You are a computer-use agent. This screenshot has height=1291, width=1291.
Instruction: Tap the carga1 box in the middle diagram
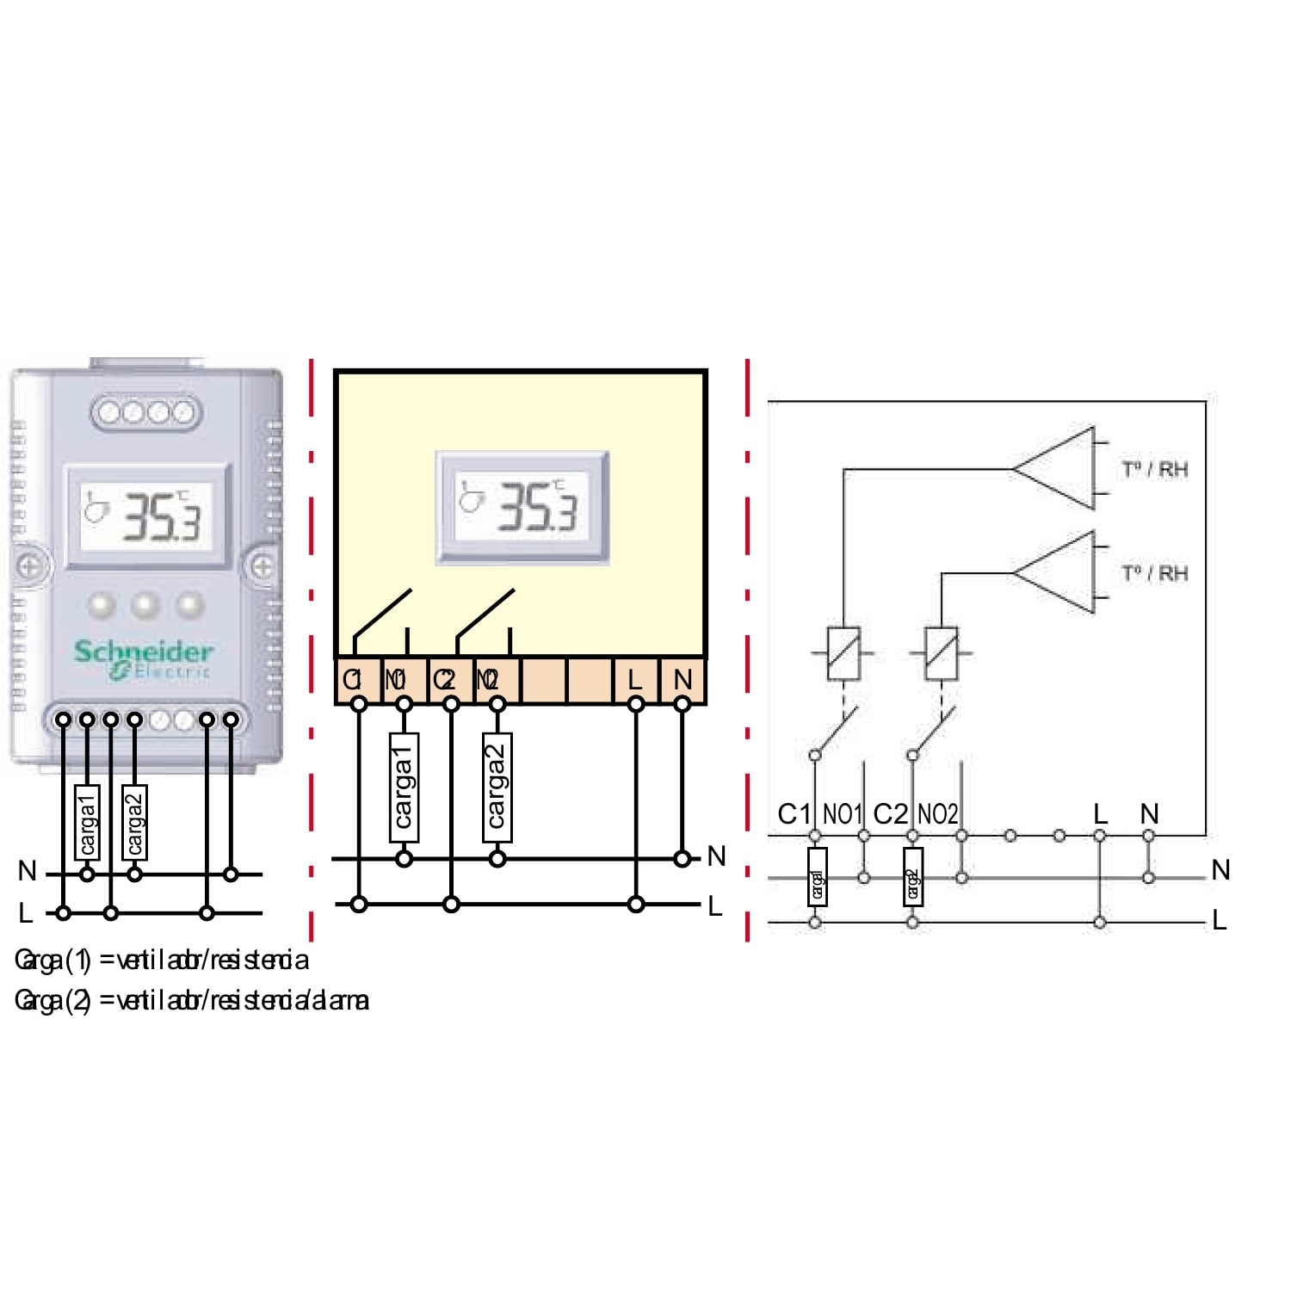[x=404, y=787]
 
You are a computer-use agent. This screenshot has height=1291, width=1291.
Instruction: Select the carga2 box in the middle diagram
[x=497, y=787]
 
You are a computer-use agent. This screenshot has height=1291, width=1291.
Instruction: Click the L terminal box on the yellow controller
[x=635, y=680]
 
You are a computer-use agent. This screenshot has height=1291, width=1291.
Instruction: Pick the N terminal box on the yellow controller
[x=683, y=680]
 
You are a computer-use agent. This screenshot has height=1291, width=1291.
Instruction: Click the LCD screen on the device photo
[x=148, y=516]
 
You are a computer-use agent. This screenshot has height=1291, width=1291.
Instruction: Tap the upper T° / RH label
[x=1154, y=470]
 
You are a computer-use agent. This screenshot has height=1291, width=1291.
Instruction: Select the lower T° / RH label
[x=1154, y=573]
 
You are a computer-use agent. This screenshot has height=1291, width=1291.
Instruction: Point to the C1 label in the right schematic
[x=794, y=814]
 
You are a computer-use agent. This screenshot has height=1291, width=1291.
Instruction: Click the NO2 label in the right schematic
[x=937, y=814]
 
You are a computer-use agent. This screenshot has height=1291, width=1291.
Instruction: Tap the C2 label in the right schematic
[x=890, y=814]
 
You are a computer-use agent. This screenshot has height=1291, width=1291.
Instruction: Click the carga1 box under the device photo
[x=87, y=823]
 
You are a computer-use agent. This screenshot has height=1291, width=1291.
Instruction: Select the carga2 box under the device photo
[x=134, y=823]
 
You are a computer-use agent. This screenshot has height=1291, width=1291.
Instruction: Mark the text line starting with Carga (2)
[x=192, y=1000]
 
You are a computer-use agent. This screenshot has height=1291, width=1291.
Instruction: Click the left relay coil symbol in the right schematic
[x=843, y=653]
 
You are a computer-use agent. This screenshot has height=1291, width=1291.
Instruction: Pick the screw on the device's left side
[x=28, y=567]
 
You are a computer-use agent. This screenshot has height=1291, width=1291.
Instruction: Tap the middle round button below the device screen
[x=145, y=605]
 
